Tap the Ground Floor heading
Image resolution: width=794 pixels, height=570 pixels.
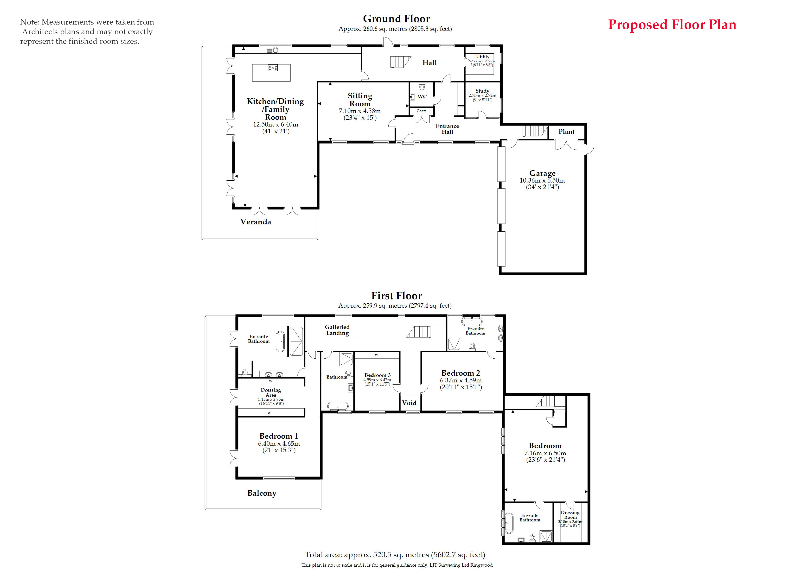click(396, 19)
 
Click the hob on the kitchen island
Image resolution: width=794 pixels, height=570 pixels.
click(273, 68)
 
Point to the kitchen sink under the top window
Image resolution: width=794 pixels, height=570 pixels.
click(272, 50)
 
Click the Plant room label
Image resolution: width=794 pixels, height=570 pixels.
click(566, 132)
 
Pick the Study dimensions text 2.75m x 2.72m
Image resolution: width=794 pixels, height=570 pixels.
click(482, 95)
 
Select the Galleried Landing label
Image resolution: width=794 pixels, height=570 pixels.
click(337, 330)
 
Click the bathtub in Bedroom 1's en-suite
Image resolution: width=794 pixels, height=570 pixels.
click(280, 341)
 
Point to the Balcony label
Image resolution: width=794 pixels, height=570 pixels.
click(262, 493)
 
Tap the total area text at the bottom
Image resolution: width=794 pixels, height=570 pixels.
click(395, 555)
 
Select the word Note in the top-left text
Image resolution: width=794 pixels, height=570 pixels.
click(29, 22)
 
